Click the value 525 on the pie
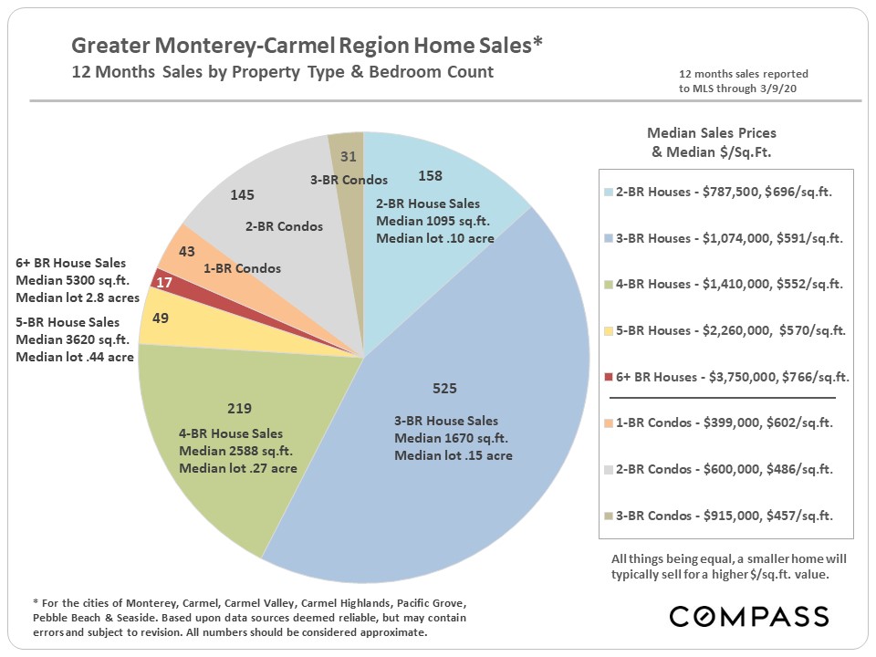[444, 389]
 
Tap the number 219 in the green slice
[239, 408]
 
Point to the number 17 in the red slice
[165, 284]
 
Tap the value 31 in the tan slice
[349, 157]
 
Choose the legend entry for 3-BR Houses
[725, 238]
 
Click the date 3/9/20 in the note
[791, 89]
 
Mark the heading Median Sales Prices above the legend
[711, 133]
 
